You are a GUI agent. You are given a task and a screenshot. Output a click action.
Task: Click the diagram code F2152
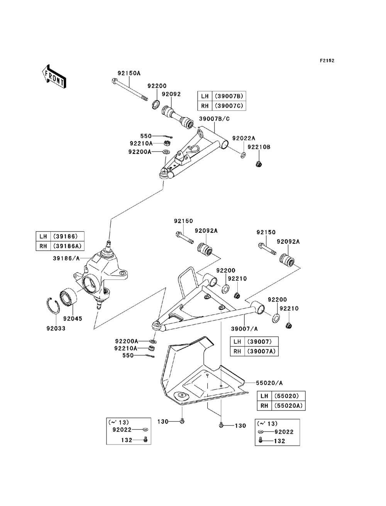click(x=327, y=61)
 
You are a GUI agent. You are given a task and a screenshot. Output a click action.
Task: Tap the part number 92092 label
click(x=171, y=94)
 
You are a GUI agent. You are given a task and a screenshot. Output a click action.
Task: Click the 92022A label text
click(x=244, y=138)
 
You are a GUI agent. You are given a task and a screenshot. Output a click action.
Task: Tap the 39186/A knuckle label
click(x=66, y=258)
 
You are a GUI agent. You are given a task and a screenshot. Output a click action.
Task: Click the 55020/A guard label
click(x=269, y=383)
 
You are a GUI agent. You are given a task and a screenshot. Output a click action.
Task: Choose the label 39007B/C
click(x=214, y=119)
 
